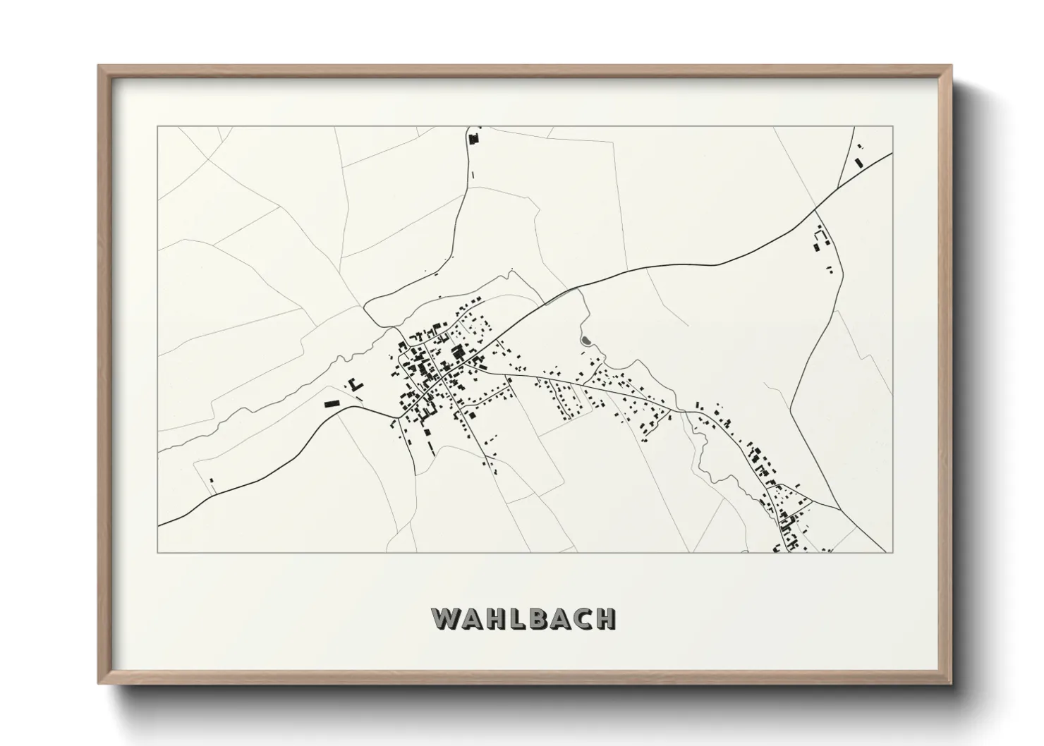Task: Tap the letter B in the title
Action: point(535,618)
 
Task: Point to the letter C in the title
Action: point(581,618)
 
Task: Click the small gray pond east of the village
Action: point(585,342)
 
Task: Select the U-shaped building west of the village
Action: point(354,384)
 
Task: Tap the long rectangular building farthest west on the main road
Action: point(332,404)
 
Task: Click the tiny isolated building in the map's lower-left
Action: point(211,481)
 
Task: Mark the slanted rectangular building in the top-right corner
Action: point(858,162)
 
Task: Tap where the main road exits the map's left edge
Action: point(159,525)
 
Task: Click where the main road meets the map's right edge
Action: point(893,152)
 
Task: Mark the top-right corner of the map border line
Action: point(893,126)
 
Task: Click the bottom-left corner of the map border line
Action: point(158,552)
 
